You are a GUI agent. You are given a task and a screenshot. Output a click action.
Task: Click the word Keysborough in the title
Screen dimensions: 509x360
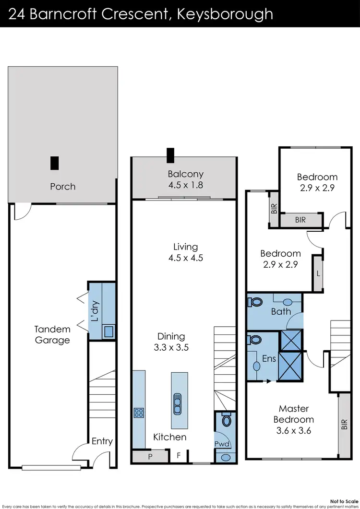pos(225,13)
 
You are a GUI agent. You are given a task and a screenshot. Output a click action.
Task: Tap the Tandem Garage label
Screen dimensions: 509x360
pos(52,335)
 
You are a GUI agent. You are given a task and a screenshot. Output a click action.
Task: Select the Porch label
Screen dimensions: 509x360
pos(63,186)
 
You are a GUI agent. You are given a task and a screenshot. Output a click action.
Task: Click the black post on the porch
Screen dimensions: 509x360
pos(55,163)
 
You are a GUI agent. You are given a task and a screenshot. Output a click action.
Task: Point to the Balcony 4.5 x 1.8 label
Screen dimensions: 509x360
pos(185,179)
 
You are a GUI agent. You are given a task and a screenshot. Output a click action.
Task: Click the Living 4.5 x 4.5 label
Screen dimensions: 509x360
pos(185,252)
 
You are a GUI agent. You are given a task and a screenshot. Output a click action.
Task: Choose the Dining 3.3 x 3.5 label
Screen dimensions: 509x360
pos(171,342)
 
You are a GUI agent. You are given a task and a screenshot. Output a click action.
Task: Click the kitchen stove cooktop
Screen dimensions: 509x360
pos(139,413)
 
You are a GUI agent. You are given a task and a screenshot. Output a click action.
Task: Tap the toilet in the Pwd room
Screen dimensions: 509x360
pos(227,420)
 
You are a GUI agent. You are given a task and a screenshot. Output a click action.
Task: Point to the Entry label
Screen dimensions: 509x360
pos(102,441)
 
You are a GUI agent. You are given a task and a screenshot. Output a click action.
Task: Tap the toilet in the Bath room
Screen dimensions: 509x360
pos(255,303)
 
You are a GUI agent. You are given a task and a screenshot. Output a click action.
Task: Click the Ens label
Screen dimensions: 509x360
pos(268,358)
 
